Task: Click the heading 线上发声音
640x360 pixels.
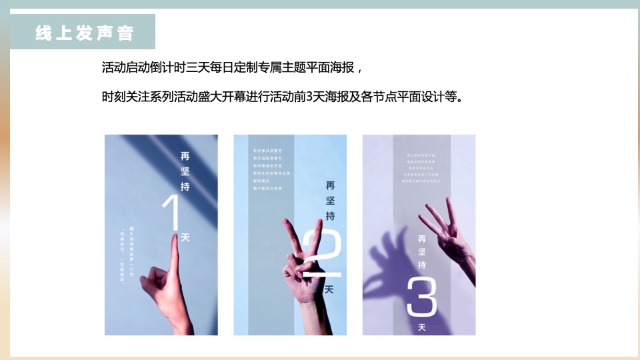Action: (84, 33)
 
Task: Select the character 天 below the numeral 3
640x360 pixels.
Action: (421, 327)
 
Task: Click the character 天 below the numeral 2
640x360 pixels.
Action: (328, 290)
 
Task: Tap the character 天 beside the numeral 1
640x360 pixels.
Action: (185, 237)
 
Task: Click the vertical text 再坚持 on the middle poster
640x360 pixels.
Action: (330, 200)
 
